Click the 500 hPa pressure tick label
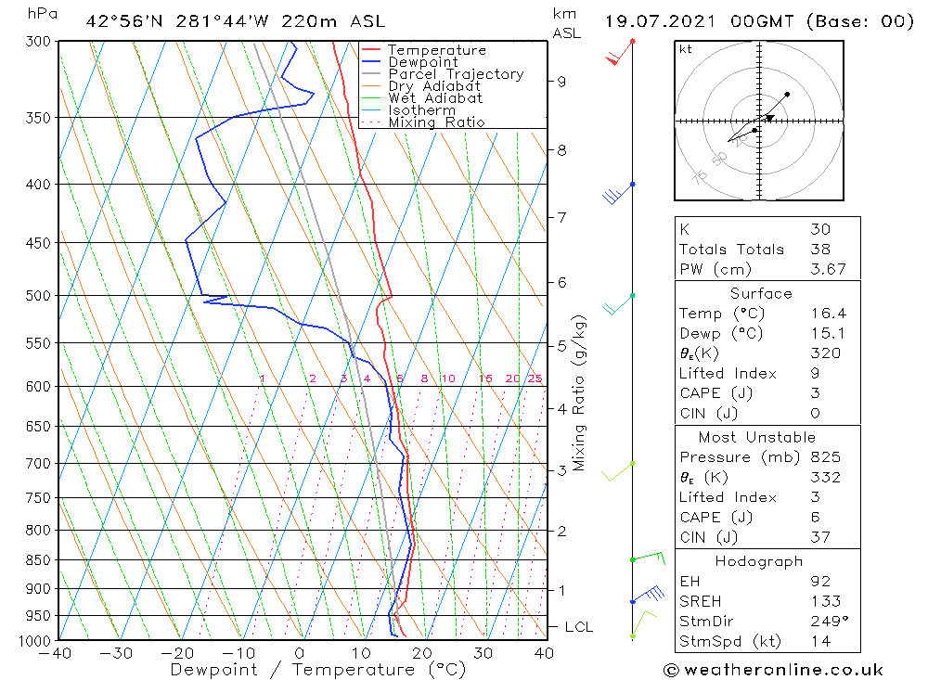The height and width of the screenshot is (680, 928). click(x=40, y=296)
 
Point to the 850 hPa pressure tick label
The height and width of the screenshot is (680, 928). click(x=40, y=560)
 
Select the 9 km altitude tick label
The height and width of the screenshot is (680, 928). click(x=561, y=81)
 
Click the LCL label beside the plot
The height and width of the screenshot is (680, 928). click(x=578, y=627)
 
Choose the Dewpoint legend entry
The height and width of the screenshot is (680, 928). click(x=422, y=62)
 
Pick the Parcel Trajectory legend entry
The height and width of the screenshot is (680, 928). click(x=456, y=74)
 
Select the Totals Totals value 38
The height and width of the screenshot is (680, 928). click(x=819, y=249)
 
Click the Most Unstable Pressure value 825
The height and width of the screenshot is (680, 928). click(x=825, y=457)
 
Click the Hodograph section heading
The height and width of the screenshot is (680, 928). click(x=767, y=561)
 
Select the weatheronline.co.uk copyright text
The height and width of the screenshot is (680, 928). click(x=773, y=670)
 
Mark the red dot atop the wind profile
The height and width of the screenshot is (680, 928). click(x=632, y=42)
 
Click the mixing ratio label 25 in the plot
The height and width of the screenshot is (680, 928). click(x=535, y=378)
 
